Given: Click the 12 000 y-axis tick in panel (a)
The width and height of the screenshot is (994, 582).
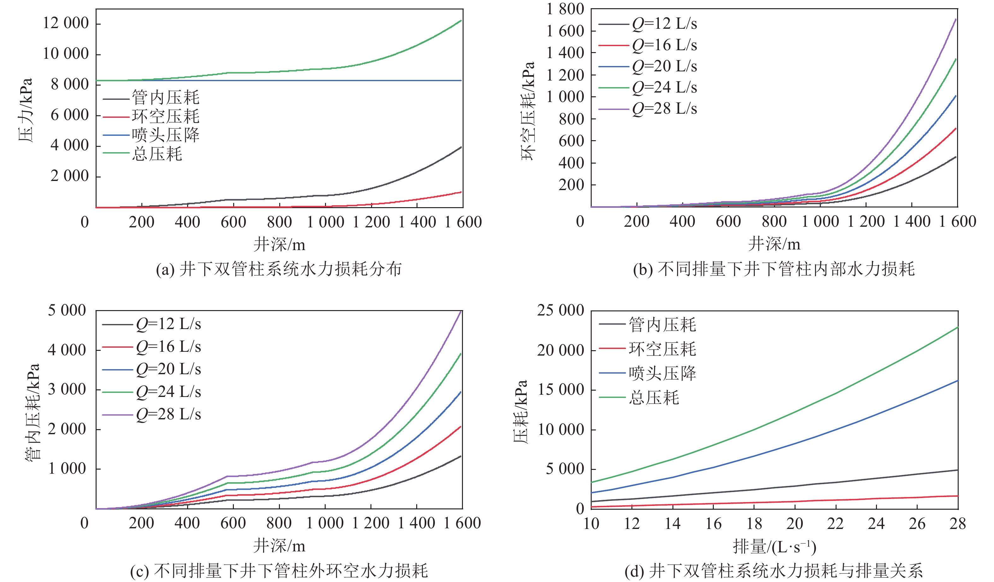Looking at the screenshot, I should pyautogui.click(x=66, y=23).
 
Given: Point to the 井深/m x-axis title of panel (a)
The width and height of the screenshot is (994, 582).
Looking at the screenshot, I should pyautogui.click(x=279, y=245).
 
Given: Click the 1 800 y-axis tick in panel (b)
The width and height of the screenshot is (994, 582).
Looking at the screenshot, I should pyautogui.click(x=565, y=9).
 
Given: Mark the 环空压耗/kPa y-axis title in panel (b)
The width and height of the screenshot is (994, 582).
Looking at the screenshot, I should pyautogui.click(x=528, y=111).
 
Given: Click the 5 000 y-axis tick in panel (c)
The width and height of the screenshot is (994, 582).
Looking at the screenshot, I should pyautogui.click(x=67, y=310).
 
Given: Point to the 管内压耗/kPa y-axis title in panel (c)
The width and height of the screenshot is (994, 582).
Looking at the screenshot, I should pyautogui.click(x=32, y=412).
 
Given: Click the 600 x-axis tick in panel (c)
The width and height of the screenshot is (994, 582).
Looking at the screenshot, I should pyautogui.click(x=233, y=523).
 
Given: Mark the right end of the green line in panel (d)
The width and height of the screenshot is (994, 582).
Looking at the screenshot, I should pyautogui.click(x=958, y=327).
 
